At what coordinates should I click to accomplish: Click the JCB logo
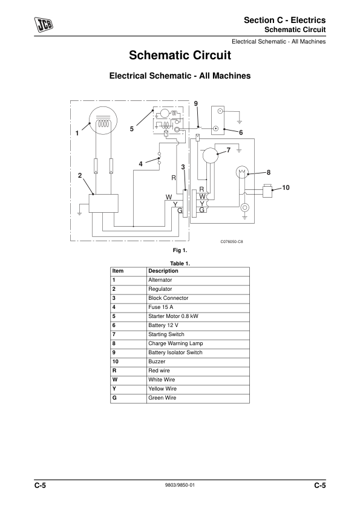44,25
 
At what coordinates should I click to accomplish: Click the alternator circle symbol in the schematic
103,119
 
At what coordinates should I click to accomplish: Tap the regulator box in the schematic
103,203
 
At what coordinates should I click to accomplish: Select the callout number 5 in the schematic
131,129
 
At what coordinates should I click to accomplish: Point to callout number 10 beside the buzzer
286,187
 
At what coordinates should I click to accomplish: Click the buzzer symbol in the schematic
267,190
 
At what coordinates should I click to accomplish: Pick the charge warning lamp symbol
242,173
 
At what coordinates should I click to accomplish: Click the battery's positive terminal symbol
216,129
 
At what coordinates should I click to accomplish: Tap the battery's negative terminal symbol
220,111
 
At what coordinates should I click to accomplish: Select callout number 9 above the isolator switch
195,103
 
